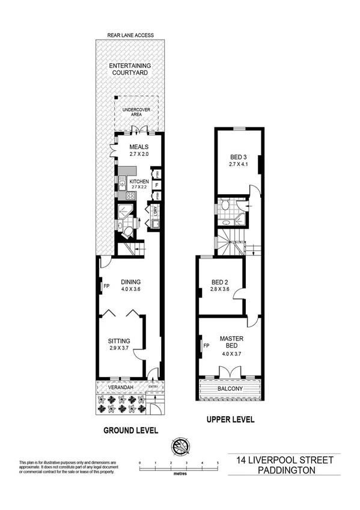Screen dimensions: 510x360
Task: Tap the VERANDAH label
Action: (x=121, y=387)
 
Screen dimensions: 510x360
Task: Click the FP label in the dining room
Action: (x=106, y=286)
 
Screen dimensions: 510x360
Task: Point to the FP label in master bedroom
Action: (x=206, y=346)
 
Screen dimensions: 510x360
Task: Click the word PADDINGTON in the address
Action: (x=284, y=470)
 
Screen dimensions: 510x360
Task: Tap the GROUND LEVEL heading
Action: (x=130, y=430)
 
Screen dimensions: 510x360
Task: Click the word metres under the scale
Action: (x=178, y=474)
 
